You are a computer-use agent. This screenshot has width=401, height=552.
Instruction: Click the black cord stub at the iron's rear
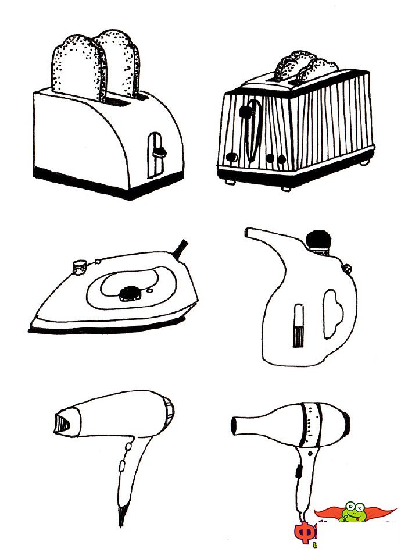click(181, 248)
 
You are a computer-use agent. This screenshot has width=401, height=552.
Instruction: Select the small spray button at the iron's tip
click(77, 266)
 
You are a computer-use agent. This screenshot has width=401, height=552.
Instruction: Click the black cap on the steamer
click(318, 240)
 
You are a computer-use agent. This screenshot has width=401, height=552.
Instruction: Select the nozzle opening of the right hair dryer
click(234, 426)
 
